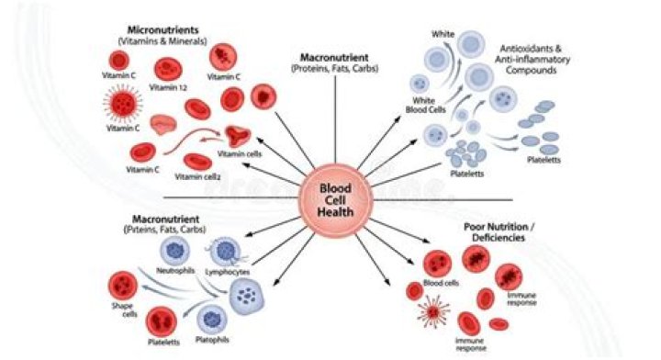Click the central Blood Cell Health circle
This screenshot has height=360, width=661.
[335, 200]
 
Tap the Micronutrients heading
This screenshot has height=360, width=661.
[162, 30]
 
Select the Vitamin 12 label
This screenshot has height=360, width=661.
[168, 87]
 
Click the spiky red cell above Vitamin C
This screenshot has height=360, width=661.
[123, 103]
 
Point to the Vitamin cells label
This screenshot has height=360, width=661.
[240, 154]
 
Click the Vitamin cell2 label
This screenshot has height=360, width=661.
[197, 176]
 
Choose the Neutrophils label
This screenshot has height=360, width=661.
[175, 270]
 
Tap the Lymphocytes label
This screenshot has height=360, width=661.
[228, 272]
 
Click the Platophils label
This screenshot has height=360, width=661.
[212, 340]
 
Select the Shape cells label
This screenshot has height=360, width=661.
[124, 309]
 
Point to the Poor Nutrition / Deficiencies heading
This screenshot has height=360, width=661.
[499, 232]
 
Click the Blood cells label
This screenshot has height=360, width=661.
[441, 283]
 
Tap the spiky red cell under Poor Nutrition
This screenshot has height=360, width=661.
[433, 312]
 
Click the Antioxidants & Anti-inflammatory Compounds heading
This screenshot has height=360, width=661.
[532, 60]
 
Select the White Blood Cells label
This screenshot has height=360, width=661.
[425, 105]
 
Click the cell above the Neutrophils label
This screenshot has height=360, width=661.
[174, 251]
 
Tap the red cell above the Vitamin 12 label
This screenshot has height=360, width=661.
[168, 69]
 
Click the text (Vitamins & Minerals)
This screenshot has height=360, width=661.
[162, 41]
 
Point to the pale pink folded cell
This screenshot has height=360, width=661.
[163, 124]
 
